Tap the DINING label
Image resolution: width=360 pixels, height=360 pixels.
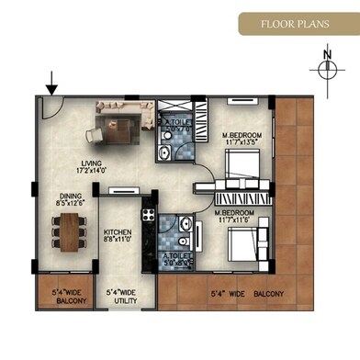pyautogui.click(x=71, y=196)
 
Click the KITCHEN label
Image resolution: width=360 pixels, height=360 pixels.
pyautogui.click(x=120, y=232)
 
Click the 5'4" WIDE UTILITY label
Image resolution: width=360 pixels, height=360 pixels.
pyautogui.click(x=122, y=296)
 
